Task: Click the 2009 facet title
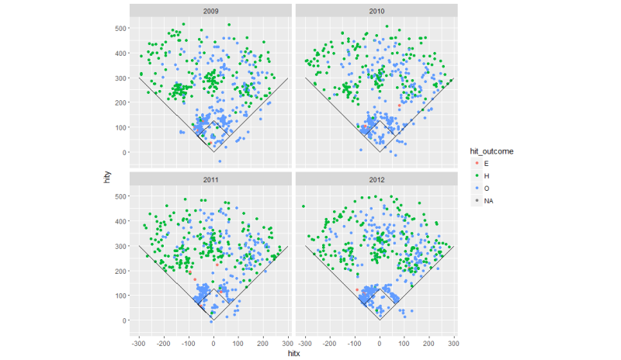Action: click(210, 11)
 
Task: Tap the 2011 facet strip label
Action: click(210, 179)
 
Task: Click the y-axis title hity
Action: click(109, 178)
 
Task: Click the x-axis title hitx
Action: click(294, 353)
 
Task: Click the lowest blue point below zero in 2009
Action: click(220, 161)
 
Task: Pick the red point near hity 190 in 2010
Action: click(400, 105)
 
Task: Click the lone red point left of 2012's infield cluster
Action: click(357, 289)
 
